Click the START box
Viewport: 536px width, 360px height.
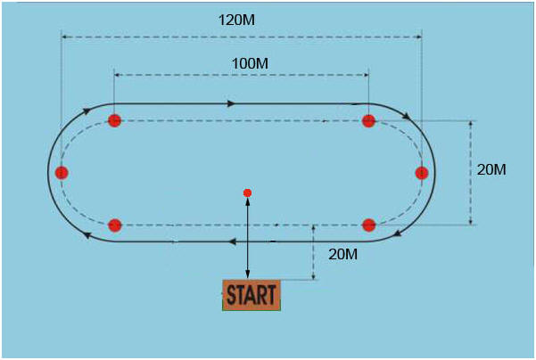coord(252,295)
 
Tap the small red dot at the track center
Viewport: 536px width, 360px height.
coord(248,192)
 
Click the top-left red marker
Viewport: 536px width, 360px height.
coord(114,121)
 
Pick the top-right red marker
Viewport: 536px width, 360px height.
coord(368,121)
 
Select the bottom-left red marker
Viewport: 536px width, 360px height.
coord(114,225)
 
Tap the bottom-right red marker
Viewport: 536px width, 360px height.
coord(368,225)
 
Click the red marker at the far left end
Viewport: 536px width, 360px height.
coord(62,172)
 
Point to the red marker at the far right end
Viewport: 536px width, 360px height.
coord(422,172)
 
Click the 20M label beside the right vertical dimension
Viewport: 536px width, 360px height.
coord(491,169)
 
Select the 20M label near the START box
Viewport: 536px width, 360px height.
coord(343,254)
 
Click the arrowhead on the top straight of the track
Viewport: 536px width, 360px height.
coord(232,103)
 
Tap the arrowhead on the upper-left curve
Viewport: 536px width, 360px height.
coord(87,112)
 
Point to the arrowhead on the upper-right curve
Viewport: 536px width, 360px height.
coord(408,116)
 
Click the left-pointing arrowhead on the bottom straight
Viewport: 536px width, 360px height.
coord(232,241)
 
